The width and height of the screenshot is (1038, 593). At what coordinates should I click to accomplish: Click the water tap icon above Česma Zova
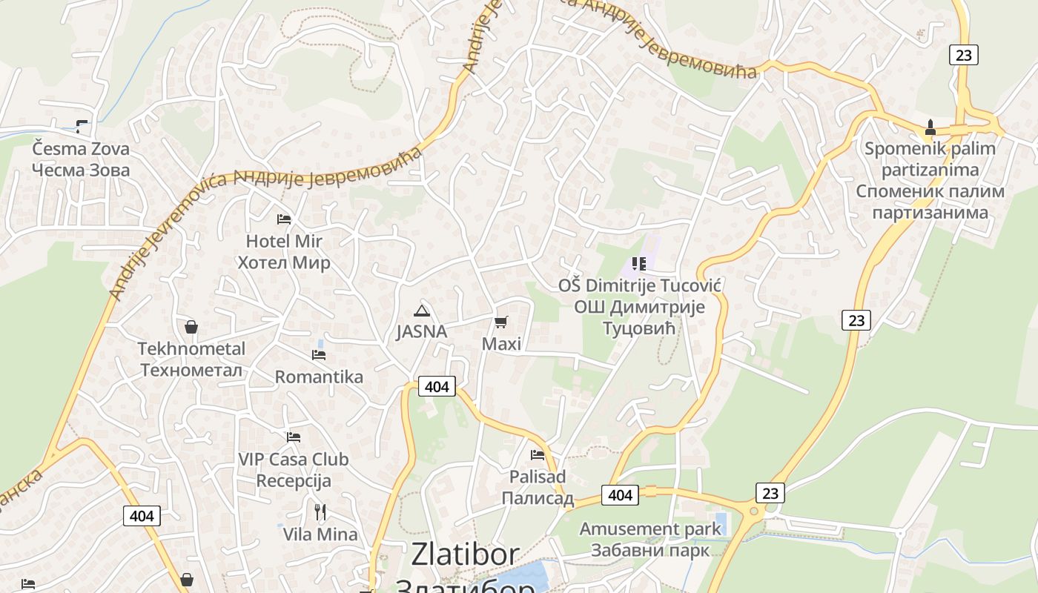click(82, 127)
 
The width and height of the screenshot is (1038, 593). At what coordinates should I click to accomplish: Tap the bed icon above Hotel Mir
click(284, 219)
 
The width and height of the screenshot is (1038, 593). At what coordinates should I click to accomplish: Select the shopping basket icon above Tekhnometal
click(191, 327)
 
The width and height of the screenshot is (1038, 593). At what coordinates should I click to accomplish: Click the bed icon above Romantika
click(319, 355)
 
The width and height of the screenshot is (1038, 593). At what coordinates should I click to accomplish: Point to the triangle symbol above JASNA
click(421, 310)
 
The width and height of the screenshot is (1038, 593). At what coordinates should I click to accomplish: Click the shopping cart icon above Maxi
click(501, 322)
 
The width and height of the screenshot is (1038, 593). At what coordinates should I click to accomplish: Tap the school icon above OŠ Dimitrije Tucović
click(639, 263)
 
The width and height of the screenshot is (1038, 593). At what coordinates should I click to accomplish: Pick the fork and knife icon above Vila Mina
click(320, 511)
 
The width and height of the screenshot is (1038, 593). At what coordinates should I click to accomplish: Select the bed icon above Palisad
click(538, 454)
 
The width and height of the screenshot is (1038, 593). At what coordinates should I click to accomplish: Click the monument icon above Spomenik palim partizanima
click(930, 127)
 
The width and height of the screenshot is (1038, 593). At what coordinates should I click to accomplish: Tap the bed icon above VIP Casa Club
click(294, 437)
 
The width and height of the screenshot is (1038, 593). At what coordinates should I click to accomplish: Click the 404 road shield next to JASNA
click(437, 386)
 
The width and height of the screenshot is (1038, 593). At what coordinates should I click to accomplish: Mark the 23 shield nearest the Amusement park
click(770, 493)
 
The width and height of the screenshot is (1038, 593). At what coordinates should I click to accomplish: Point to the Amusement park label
click(650, 529)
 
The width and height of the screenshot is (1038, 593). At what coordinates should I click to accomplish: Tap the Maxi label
click(501, 344)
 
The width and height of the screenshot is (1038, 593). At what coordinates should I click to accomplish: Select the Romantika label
click(319, 377)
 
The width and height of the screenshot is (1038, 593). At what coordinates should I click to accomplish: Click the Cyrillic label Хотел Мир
click(284, 262)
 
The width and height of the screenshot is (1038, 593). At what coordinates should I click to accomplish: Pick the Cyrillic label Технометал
click(191, 370)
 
